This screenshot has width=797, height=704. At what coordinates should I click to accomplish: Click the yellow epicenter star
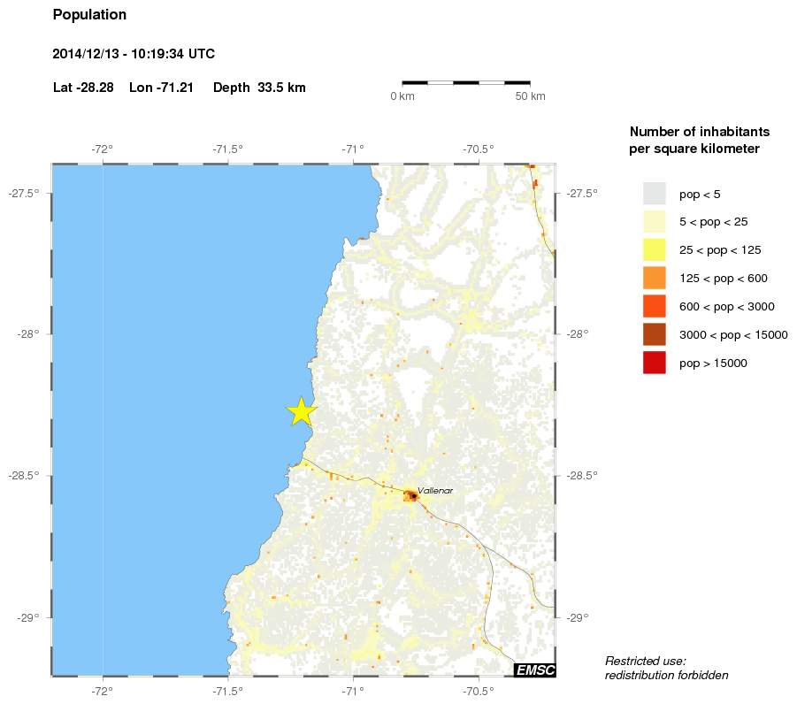tap(302, 411)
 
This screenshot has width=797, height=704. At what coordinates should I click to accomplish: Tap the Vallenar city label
tap(435, 490)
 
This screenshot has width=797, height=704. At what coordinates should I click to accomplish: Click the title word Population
tap(89, 15)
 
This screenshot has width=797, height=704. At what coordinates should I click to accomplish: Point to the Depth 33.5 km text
tap(259, 88)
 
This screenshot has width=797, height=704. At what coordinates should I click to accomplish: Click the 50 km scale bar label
tap(530, 96)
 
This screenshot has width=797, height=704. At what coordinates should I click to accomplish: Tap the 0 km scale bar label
tap(402, 96)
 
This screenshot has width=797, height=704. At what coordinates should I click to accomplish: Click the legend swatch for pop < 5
tap(655, 193)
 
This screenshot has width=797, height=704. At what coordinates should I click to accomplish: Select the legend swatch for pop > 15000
tap(655, 363)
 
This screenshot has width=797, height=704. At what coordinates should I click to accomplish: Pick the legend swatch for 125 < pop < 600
tap(655, 278)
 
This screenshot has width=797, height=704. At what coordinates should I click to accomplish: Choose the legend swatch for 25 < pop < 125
tap(655, 249)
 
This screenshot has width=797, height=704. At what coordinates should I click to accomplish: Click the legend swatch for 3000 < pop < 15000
tap(655, 334)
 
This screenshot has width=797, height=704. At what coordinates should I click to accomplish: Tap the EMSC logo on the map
tap(535, 670)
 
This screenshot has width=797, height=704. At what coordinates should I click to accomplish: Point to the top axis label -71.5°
tap(228, 149)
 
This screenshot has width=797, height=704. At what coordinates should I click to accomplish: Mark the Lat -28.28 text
tap(83, 88)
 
